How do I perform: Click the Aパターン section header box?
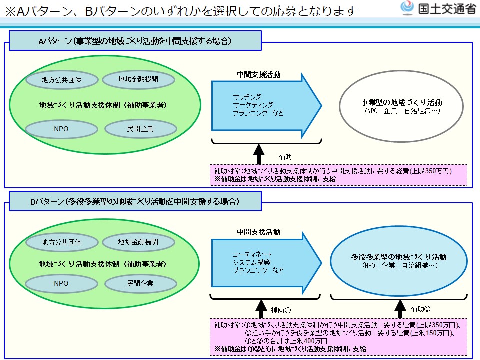point(135,41)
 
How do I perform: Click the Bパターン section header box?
point(135,202)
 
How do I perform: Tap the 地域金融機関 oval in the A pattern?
point(138,79)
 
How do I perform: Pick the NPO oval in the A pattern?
point(61,129)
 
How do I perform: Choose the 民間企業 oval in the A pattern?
point(140,129)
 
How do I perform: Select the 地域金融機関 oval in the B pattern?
point(138,242)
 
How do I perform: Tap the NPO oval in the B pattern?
point(61,283)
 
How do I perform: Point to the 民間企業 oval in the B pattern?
point(140,283)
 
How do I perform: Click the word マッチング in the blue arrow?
point(247,97)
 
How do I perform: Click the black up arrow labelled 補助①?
point(259,308)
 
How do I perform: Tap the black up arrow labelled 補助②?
point(400,308)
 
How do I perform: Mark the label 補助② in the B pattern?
point(420,308)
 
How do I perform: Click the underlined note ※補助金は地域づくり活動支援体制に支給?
point(275,179)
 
